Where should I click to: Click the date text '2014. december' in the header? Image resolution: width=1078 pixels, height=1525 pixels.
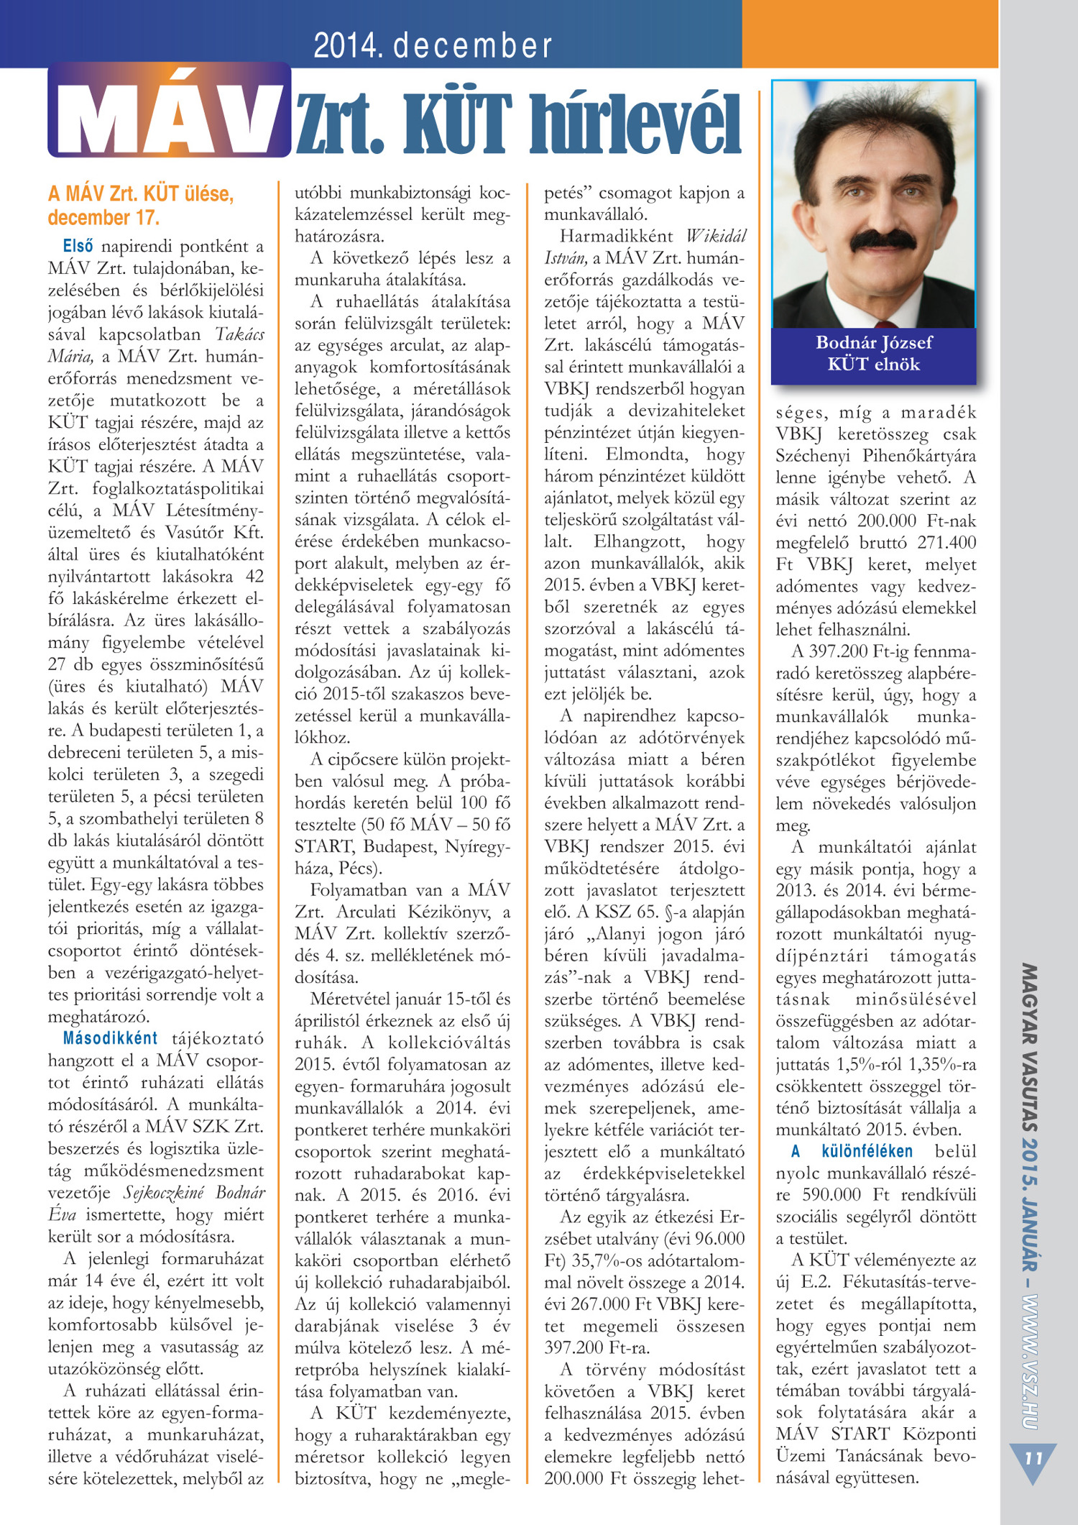[433, 45]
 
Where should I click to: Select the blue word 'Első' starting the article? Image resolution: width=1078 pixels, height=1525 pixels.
[78, 246]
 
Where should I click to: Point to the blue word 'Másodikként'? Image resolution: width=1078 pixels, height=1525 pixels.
[110, 1038]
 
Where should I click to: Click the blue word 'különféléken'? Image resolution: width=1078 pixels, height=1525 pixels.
[867, 1151]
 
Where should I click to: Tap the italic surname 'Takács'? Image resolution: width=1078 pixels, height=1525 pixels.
[239, 334]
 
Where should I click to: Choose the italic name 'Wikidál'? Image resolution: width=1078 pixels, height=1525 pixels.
[716, 236]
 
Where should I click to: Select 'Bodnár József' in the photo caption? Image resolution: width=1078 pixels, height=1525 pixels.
[873, 342]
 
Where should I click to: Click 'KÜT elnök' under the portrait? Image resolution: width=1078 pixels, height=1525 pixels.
[873, 364]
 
